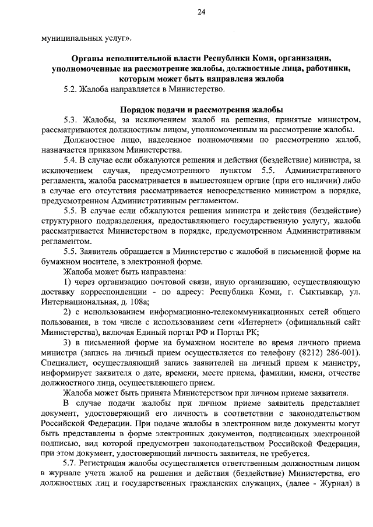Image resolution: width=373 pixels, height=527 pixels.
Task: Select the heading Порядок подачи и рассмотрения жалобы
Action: tap(202, 109)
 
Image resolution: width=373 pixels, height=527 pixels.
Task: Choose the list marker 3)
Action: tap(67, 342)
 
